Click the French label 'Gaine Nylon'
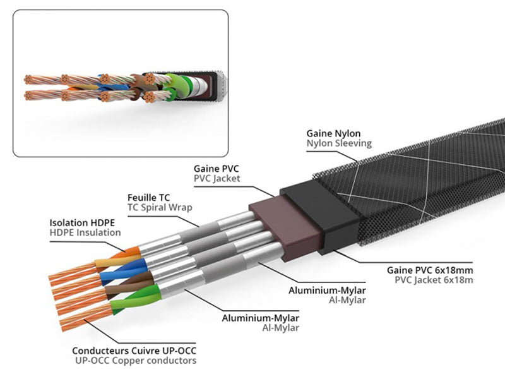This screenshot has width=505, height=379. [x=333, y=133]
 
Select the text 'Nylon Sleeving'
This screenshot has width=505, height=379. [x=339, y=143]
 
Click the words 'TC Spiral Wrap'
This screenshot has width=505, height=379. [x=160, y=207]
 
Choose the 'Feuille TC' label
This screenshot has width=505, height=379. [x=149, y=197]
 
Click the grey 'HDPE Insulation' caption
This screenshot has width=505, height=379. [x=85, y=232]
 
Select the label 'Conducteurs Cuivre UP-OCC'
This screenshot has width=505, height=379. [x=134, y=351]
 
